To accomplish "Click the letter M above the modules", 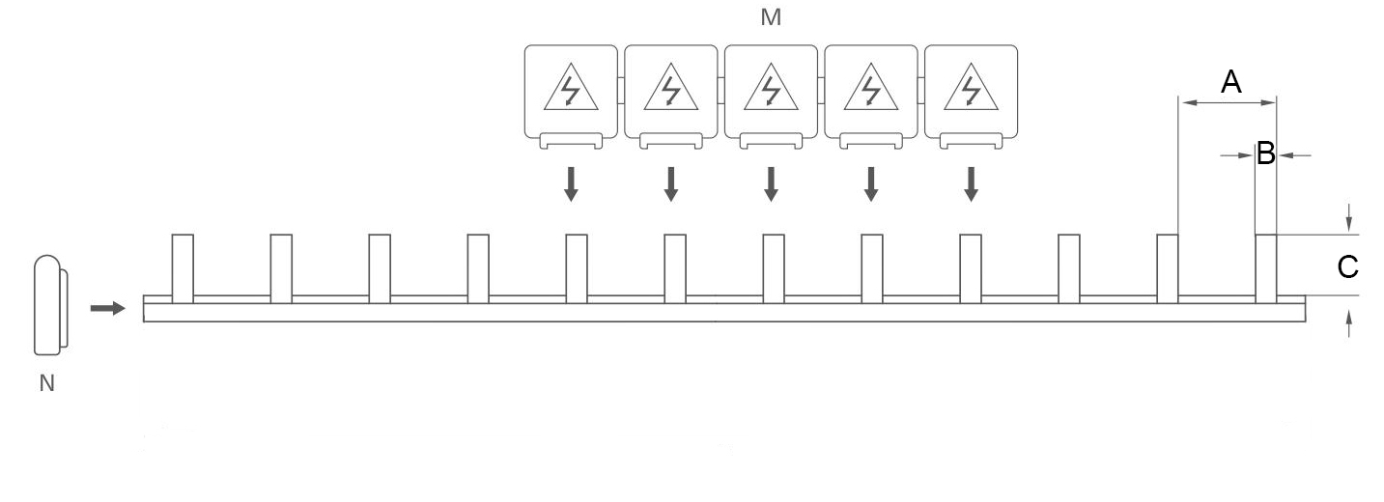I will coord(771,18).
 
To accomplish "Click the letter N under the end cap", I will coord(46,383).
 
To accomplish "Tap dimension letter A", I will coord(1230,82).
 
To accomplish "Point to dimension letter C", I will coord(1348,267).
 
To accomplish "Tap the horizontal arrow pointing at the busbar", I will coord(108,308).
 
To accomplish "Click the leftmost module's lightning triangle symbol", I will coord(571,90).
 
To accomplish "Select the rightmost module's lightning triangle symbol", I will coord(971,90).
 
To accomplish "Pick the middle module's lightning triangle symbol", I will coord(771,90).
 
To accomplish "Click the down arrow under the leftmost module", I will coord(571,183).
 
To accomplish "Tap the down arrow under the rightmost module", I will coord(971,183).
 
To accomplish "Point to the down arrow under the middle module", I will coord(771,183).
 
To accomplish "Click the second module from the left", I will coord(670,92).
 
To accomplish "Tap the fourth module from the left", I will coord(871,92).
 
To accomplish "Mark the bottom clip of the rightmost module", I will coord(971,142).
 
